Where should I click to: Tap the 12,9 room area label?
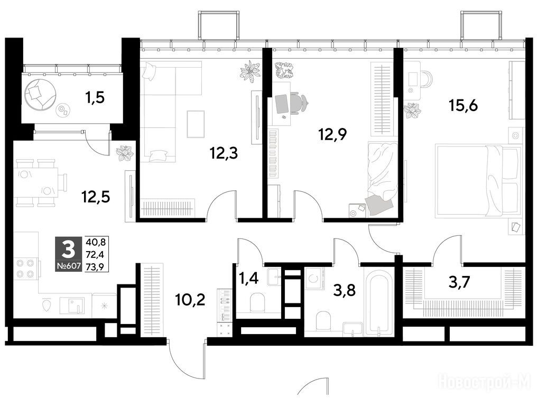pyautogui.click(x=332, y=134)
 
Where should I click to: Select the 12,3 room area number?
pyautogui.click(x=224, y=153)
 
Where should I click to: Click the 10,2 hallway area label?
pyautogui.click(x=190, y=300)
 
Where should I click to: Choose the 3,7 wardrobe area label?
pyautogui.click(x=459, y=282)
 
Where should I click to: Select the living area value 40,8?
pyautogui.click(x=95, y=242)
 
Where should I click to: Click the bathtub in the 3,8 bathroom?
pyautogui.click(x=377, y=302)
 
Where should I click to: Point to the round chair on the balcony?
pyautogui.click(x=40, y=94)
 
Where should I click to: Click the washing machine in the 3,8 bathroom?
pyautogui.click(x=314, y=278)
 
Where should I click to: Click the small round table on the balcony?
pyautogui.click(x=62, y=110)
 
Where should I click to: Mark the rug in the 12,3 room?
pyautogui.click(x=196, y=124)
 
